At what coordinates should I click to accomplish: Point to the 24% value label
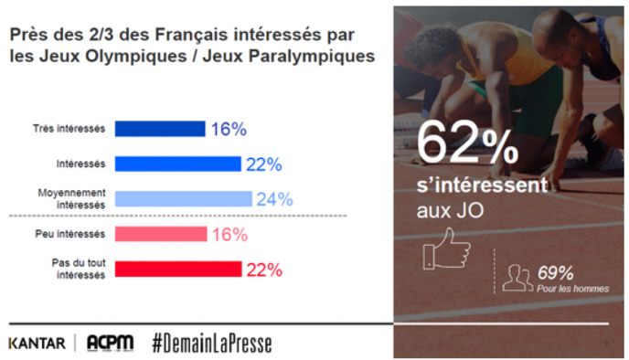click(x=273, y=198)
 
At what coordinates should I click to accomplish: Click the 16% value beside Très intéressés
click(x=229, y=129)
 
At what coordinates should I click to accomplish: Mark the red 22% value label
click(x=262, y=269)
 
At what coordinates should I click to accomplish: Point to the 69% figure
click(x=555, y=272)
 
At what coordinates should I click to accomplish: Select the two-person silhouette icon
click(x=518, y=277)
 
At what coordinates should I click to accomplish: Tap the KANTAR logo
click(x=37, y=343)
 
